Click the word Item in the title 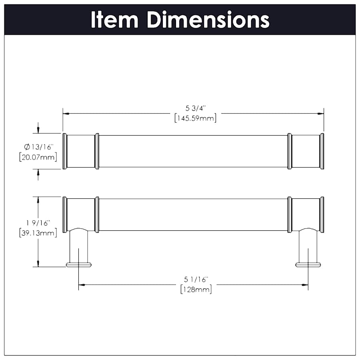[114, 20]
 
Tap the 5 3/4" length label [195, 108]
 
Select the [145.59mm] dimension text [195, 118]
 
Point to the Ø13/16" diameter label [38, 147]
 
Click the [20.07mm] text [38, 157]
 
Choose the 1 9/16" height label [38, 223]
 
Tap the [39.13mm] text [38, 233]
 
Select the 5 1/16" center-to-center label [196, 280]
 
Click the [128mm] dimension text [196, 289]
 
